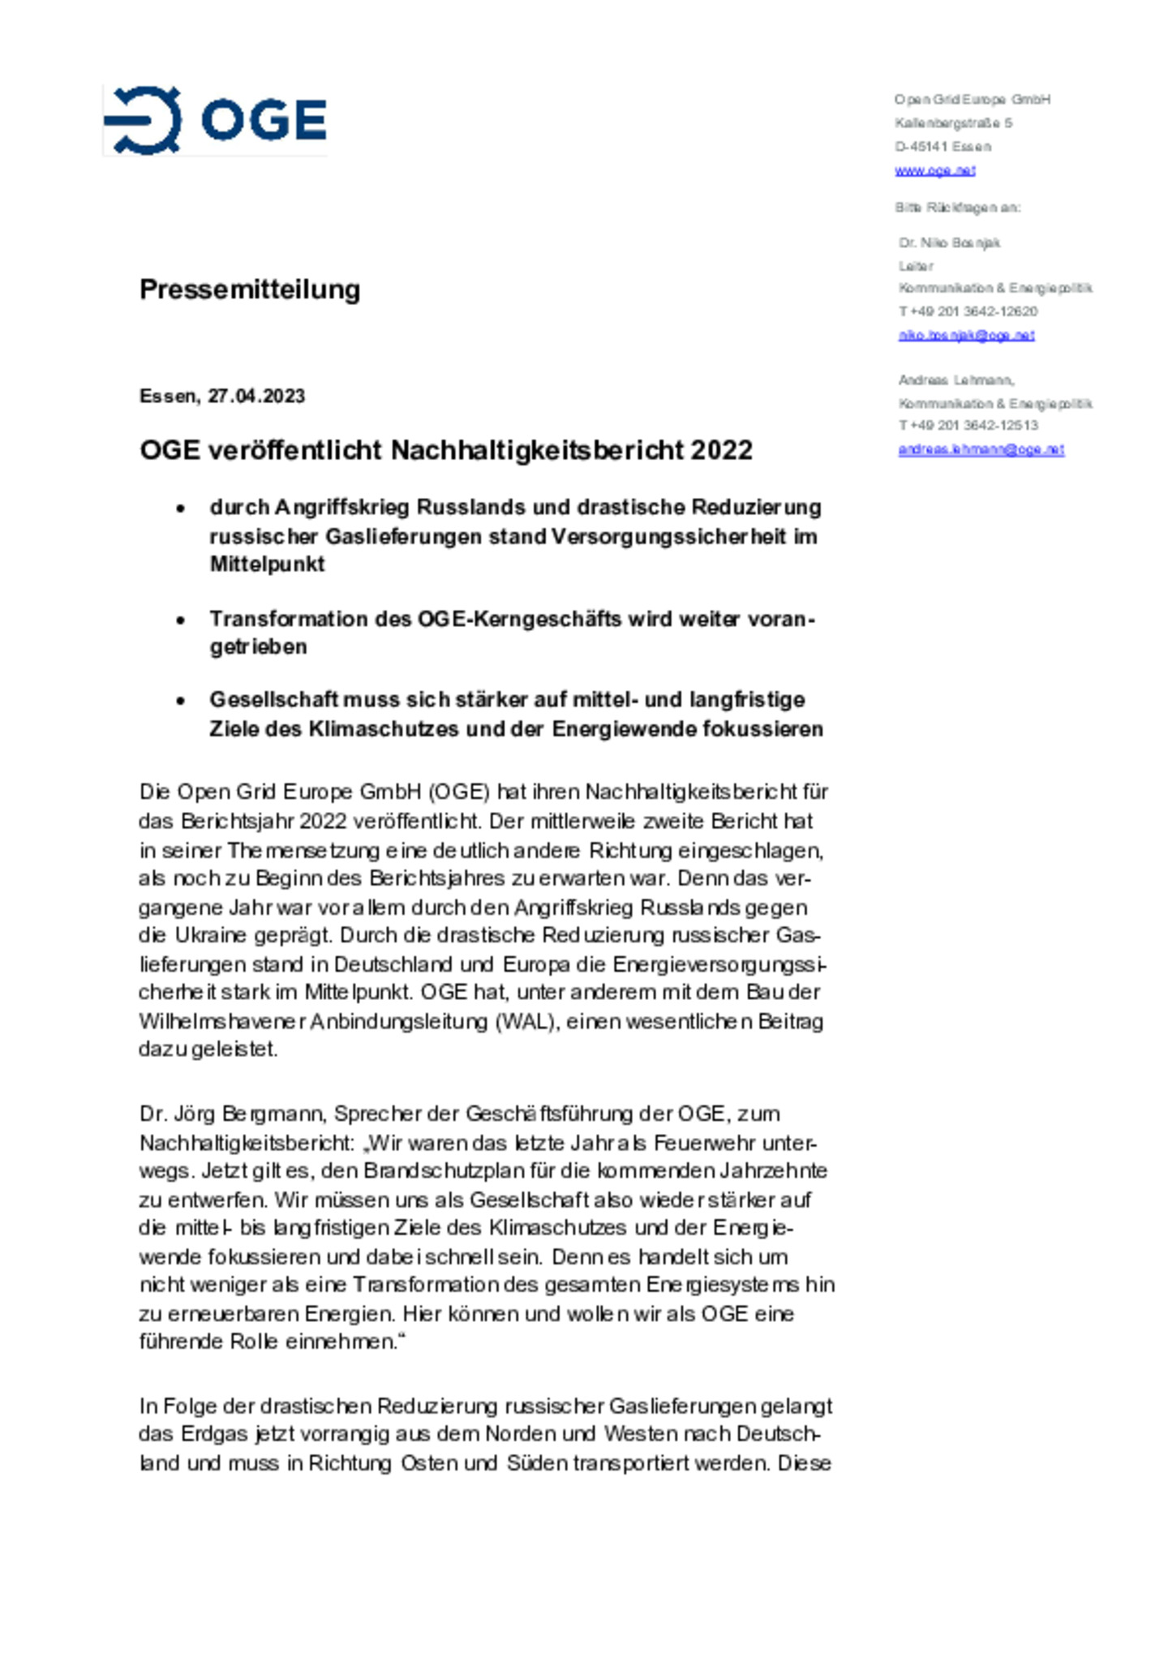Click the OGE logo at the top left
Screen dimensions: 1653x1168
click(215, 120)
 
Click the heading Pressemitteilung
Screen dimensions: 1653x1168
click(250, 289)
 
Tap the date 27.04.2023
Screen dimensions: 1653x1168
click(256, 396)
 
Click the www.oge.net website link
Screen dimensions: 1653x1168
click(934, 170)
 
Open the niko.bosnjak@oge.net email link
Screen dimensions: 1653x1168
click(966, 335)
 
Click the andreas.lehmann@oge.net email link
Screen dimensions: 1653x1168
click(981, 449)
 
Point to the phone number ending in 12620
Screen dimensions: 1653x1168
click(968, 311)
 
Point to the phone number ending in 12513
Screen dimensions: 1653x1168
click(968, 425)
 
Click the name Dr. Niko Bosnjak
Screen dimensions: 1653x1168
click(949, 243)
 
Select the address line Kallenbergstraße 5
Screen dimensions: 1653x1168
click(953, 123)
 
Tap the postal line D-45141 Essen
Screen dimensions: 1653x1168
click(943, 147)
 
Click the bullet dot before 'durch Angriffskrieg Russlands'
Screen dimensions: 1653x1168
click(180, 509)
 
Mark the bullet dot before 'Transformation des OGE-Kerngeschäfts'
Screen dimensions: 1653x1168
click(180, 620)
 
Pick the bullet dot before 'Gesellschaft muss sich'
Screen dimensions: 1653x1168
click(180, 701)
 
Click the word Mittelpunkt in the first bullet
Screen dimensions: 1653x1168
click(267, 565)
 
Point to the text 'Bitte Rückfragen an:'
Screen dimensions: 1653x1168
click(957, 208)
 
